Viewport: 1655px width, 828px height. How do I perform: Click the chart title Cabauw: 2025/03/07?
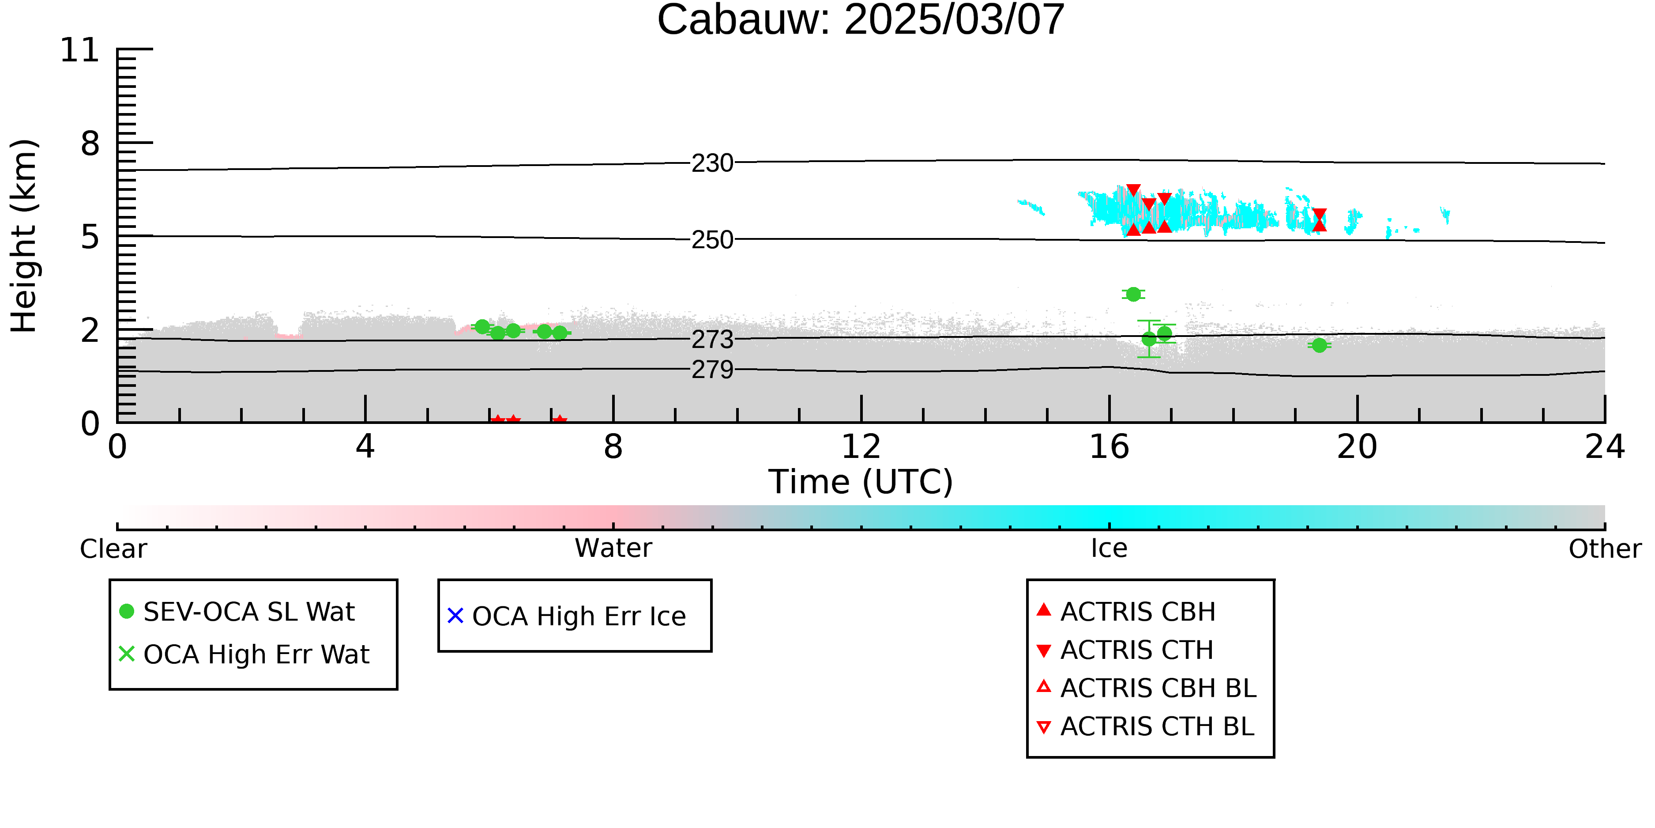tap(860, 19)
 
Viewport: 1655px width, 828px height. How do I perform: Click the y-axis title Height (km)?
tap(24, 236)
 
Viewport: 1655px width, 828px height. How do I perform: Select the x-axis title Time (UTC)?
tap(860, 481)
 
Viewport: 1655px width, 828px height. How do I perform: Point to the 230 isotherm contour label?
tap(712, 163)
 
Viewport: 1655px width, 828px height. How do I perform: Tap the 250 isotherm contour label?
tap(712, 240)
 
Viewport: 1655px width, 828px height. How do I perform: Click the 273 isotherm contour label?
tap(712, 340)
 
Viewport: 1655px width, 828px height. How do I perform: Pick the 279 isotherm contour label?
tap(712, 370)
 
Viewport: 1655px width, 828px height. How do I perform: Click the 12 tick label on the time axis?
tap(861, 447)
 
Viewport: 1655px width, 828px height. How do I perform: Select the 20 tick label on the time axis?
tap(1357, 447)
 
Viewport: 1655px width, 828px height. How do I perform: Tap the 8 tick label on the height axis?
tap(90, 144)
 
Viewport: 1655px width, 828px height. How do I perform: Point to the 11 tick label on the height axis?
tap(80, 50)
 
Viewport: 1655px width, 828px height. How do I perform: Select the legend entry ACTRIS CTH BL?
tap(1146, 726)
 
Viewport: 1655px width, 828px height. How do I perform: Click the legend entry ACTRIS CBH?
tap(1126, 611)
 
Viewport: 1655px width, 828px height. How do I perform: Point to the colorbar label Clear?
tap(113, 549)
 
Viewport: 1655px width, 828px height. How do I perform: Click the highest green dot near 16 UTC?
tap(1133, 294)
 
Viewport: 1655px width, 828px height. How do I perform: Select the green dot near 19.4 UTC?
tap(1319, 345)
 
